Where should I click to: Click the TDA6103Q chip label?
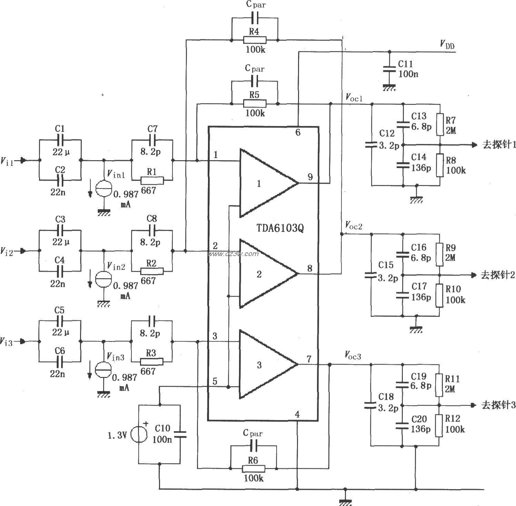pos(280,228)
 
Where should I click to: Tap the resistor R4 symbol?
pos(254,40)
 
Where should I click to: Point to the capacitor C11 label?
pos(405,64)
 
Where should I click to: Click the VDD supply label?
pos(447,44)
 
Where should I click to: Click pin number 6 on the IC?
pos(298,132)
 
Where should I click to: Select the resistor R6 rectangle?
pos(254,468)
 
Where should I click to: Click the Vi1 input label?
pos(7,161)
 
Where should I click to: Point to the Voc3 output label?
pos(353,355)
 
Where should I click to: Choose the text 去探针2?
pos(497,275)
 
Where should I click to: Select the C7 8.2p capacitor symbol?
pos(152,140)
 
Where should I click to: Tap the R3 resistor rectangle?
pos(152,361)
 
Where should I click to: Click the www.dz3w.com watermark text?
pos(233,254)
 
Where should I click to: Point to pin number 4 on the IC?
pos(297,414)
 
